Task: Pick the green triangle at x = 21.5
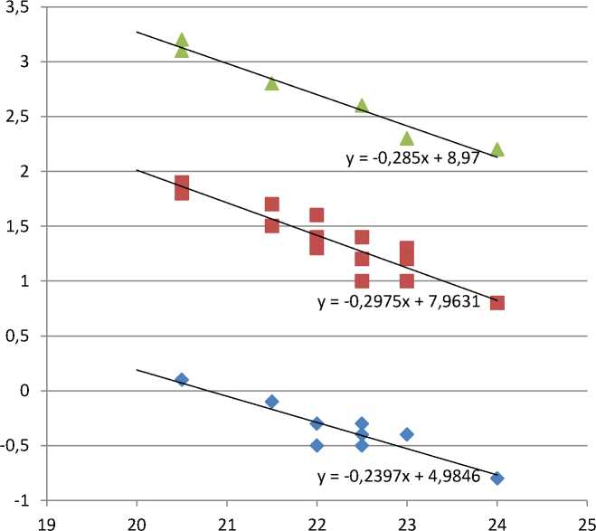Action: (271, 84)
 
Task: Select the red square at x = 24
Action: (497, 302)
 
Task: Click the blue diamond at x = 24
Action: (497, 478)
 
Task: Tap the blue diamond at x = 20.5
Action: (182, 379)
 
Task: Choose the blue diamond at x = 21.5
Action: (271, 401)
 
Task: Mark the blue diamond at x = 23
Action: (406, 434)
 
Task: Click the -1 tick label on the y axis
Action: (24, 500)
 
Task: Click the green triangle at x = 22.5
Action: (362, 106)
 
